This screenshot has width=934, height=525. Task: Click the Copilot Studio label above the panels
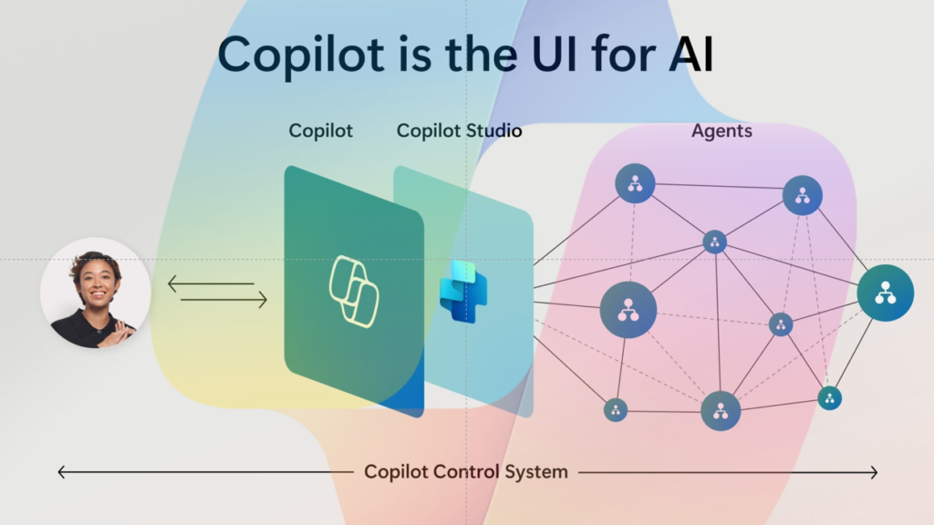coord(459,130)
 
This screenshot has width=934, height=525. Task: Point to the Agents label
coord(721,130)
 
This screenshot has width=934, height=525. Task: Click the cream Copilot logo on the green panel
coord(354,292)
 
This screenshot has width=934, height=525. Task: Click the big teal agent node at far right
coord(885,293)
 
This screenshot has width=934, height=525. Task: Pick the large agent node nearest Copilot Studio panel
coord(628,309)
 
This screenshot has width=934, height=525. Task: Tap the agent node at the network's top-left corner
coord(635,183)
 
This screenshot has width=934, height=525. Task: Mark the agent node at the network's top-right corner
coord(803,195)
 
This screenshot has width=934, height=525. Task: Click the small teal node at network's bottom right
coord(829,397)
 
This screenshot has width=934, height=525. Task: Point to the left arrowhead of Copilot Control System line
coord(61,472)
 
